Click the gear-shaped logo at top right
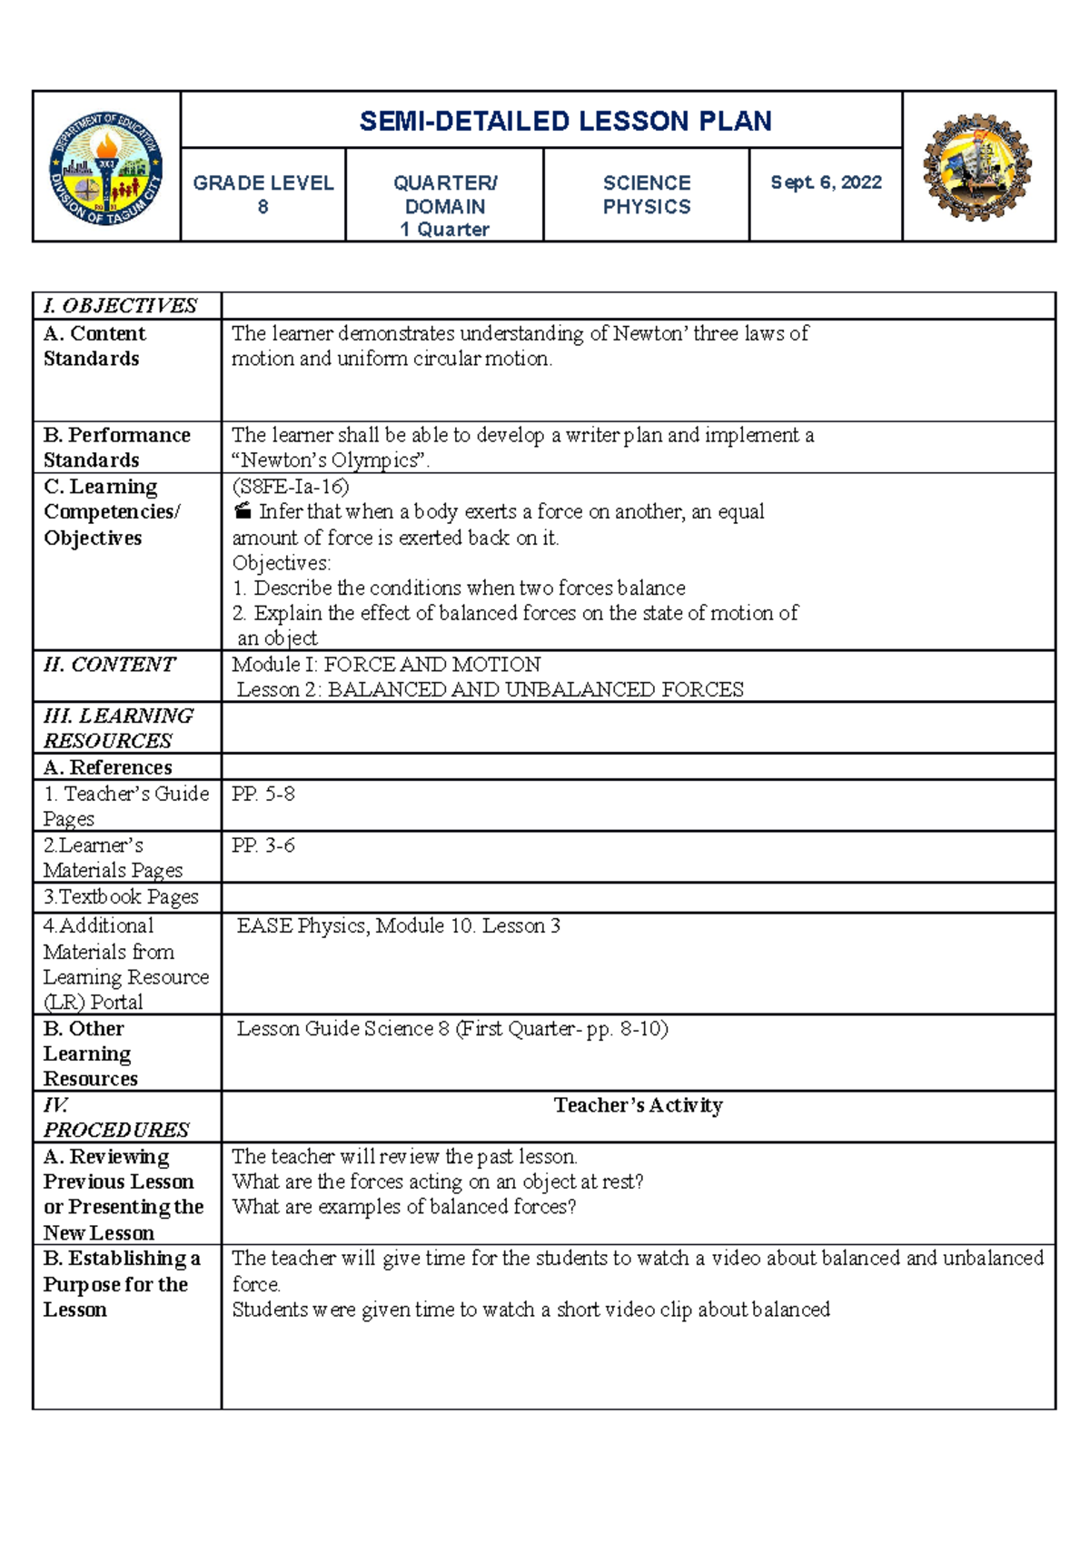[x=977, y=167]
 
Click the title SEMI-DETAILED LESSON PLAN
[x=565, y=121]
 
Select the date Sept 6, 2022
[x=826, y=183]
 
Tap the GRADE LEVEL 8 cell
[x=263, y=194]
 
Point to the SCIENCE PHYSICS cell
[x=647, y=194]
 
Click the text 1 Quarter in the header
[x=445, y=230]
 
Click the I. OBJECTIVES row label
[x=120, y=306]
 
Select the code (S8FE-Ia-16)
[x=291, y=487]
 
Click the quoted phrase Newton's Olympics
[x=330, y=460]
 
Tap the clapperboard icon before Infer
[x=242, y=511]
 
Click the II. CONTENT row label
[x=109, y=665]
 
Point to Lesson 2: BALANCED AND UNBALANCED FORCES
[x=490, y=690]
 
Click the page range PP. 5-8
[x=263, y=795]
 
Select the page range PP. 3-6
[x=263, y=845]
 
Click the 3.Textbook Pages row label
[x=121, y=897]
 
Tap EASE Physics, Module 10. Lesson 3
[x=399, y=926]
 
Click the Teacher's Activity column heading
[x=638, y=1105]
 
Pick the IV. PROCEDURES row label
[x=116, y=1118]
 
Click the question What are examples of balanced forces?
[x=404, y=1207]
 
